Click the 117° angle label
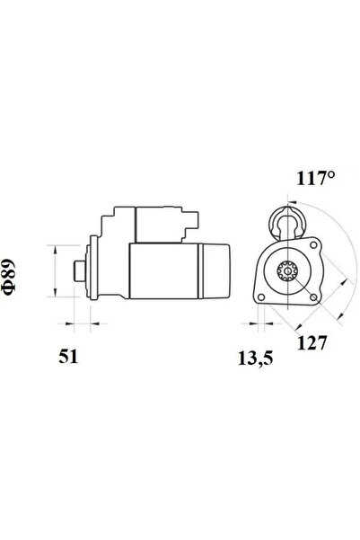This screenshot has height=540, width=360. (315, 178)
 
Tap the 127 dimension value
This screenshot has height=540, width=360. (312, 342)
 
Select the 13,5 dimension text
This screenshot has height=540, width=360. (255, 359)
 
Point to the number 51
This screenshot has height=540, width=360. (68, 356)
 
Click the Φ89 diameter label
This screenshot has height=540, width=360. (9, 277)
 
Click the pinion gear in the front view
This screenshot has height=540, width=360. (287, 270)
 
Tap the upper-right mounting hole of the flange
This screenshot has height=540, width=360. (313, 245)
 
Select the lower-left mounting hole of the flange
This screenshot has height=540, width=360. (261, 297)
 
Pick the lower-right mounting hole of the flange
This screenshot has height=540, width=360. (313, 297)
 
